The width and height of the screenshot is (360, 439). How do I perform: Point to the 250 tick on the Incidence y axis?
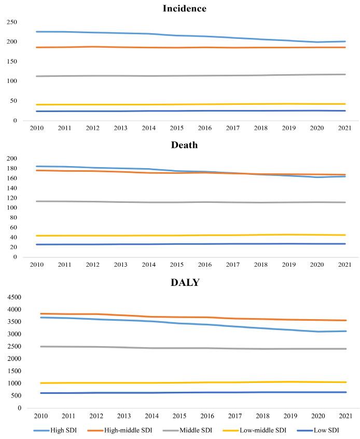point(12,22)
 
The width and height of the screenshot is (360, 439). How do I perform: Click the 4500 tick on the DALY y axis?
point(10,297)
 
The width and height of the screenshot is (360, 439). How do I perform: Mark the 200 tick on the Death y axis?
point(12,158)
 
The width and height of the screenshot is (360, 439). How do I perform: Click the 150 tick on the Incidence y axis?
point(12,62)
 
